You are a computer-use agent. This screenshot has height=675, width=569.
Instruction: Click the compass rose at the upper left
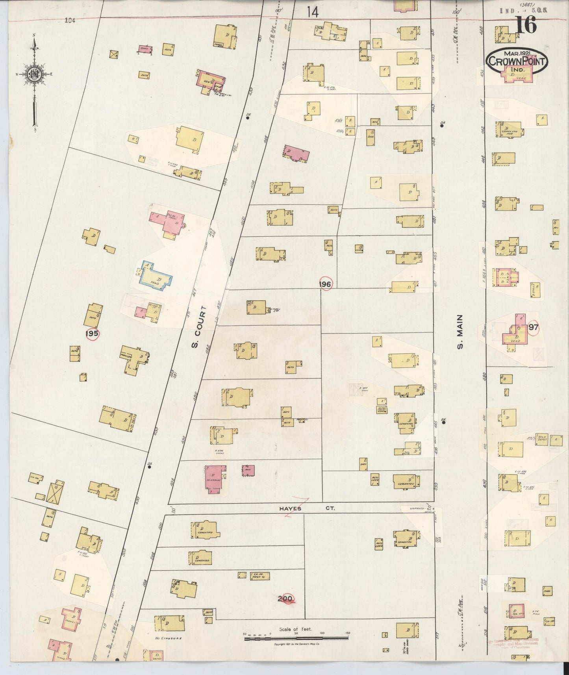pyautogui.click(x=34, y=74)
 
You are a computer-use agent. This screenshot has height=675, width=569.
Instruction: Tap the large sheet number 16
pyautogui.click(x=525, y=26)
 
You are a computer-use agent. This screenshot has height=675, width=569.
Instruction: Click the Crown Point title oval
pyautogui.click(x=517, y=61)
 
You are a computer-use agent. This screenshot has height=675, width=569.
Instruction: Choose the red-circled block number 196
pyautogui.click(x=326, y=284)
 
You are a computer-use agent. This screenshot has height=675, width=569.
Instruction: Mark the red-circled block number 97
pyautogui.click(x=534, y=327)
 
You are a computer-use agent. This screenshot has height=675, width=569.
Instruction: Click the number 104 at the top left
pyautogui.click(x=70, y=21)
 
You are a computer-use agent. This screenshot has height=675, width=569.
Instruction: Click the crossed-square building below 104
pyautogui.click(x=115, y=54)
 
